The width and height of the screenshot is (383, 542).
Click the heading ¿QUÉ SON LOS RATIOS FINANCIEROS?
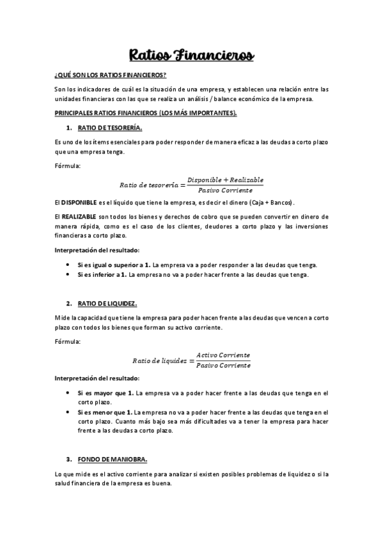tap(110, 75)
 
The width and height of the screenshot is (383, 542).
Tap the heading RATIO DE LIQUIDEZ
tap(107, 302)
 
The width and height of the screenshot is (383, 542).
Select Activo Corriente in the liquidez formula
tap(223, 355)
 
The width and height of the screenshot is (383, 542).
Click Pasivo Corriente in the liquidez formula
tap(223, 365)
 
